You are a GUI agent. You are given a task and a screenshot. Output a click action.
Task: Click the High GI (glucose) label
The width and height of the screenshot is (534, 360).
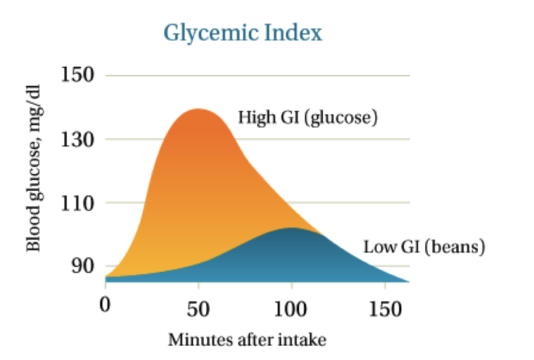(x=307, y=117)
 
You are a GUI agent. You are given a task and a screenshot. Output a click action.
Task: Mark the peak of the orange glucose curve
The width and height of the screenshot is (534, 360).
(x=198, y=109)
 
